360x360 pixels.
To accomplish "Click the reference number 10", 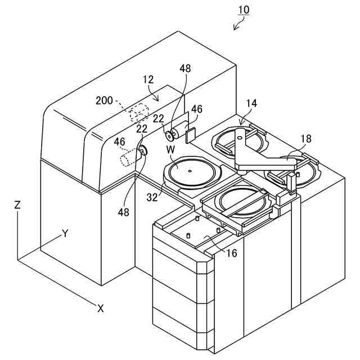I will click(244, 10).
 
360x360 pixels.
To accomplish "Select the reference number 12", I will click(148, 80).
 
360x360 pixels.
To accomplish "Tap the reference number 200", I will click(103, 101).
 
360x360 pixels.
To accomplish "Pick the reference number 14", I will click(251, 103).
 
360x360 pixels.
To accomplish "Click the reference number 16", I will click(231, 253).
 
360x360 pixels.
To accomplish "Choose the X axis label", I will click(100, 308).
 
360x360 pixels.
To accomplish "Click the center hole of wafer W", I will click(190, 170).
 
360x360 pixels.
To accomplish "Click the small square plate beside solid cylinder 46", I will click(190, 135).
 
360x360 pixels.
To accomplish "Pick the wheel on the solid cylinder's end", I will click(169, 135).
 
